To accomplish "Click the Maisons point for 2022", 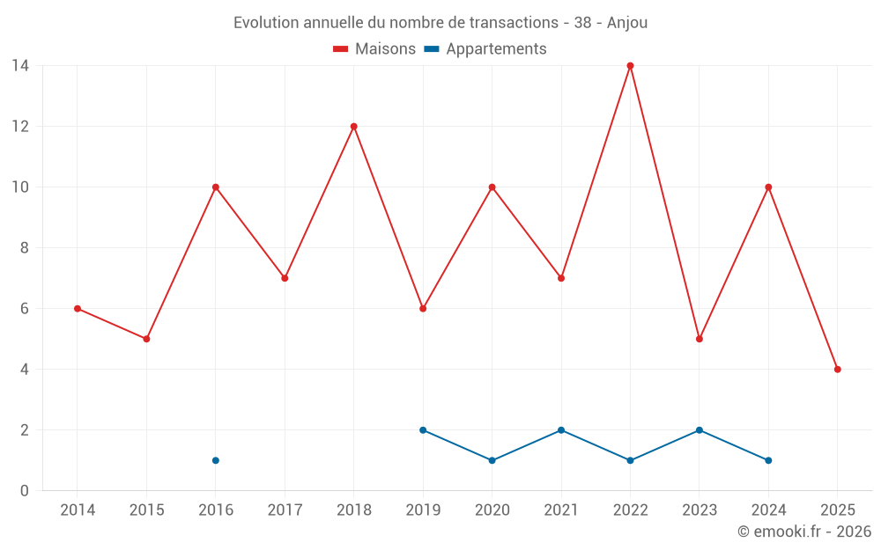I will [630, 66].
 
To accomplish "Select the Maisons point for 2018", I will [354, 127].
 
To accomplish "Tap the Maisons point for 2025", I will [837, 370].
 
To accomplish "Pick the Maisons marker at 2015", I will [146, 339].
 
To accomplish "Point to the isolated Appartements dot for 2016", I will [216, 460].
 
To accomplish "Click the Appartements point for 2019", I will [423, 430].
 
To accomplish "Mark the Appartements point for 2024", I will [768, 460].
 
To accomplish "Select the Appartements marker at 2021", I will [561, 430].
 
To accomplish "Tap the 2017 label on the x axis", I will [285, 510].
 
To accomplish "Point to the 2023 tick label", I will [700, 510].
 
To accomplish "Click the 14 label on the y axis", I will [20, 65].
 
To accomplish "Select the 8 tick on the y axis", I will [25, 248].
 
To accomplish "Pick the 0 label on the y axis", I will [25, 491].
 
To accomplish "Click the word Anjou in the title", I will [627, 23].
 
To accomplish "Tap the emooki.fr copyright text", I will [804, 532].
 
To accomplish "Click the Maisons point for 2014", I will [78, 309].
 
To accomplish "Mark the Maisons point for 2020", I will [492, 187].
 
